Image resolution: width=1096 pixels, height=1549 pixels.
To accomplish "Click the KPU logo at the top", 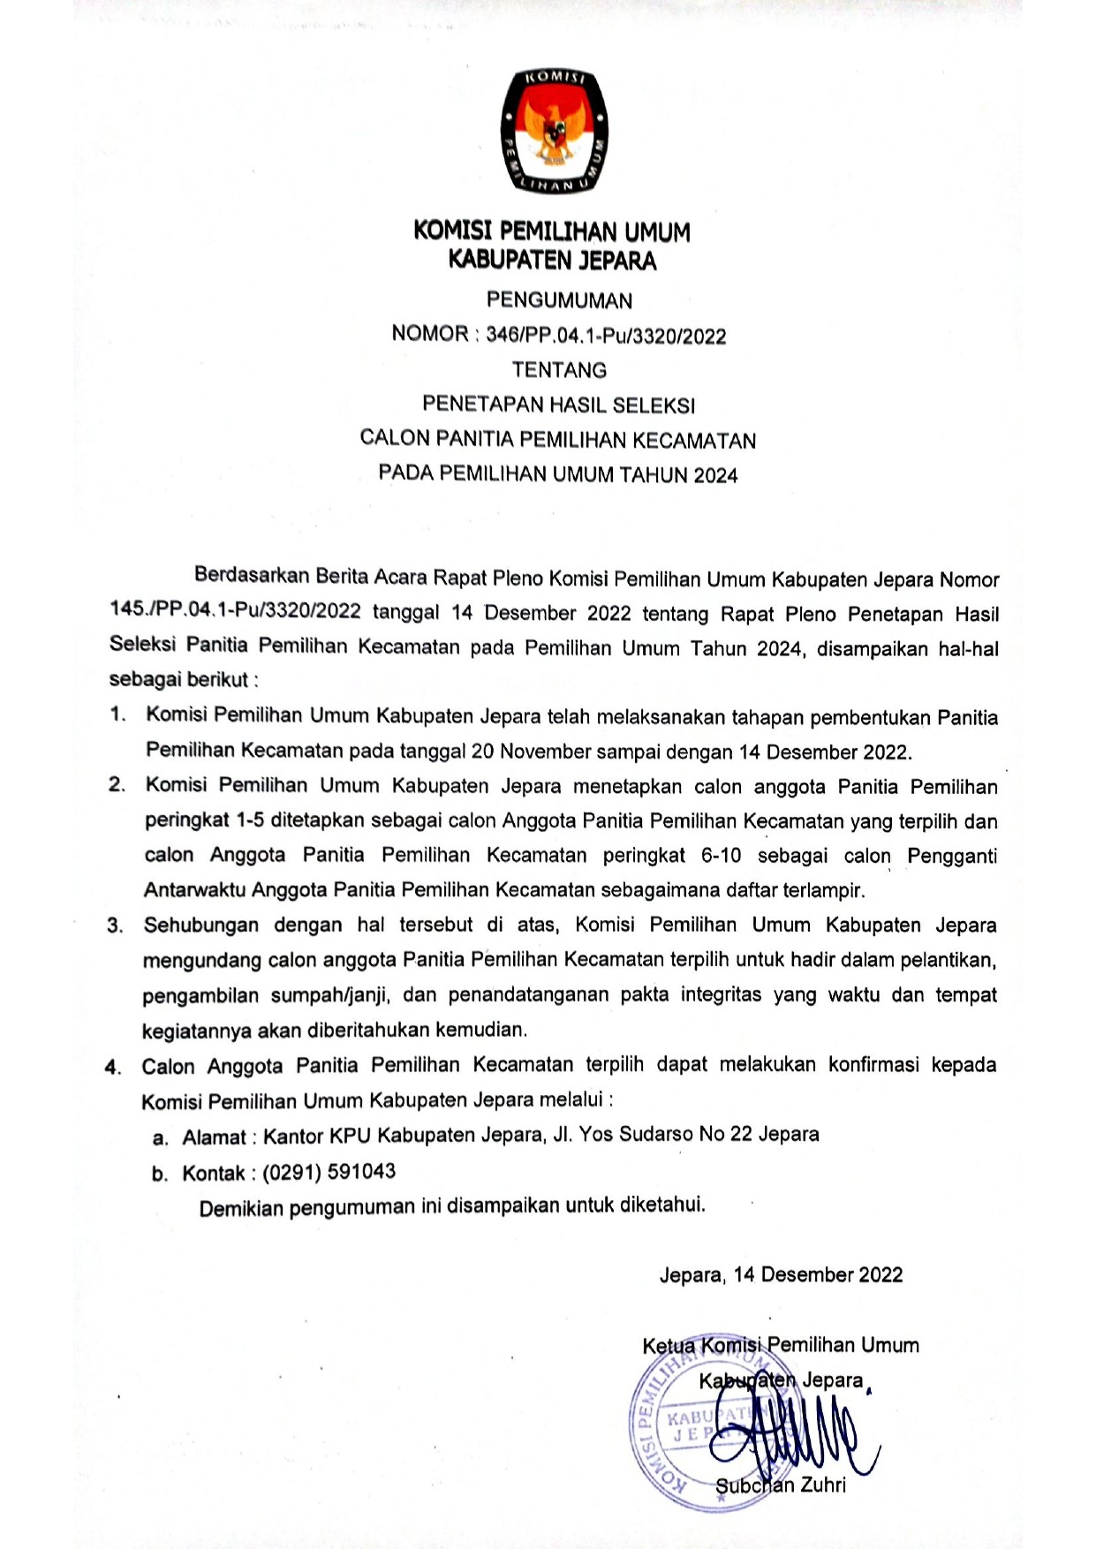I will pyautogui.click(x=554, y=130).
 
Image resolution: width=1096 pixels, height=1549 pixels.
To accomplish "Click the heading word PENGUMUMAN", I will pyautogui.click(x=559, y=300).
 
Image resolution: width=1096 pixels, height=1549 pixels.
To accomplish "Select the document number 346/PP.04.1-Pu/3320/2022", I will pyautogui.click(x=606, y=336).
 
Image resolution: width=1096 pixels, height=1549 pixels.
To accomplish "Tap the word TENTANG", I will pyautogui.click(x=559, y=370).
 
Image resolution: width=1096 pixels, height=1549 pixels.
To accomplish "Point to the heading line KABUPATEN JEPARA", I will pyautogui.click(x=552, y=261).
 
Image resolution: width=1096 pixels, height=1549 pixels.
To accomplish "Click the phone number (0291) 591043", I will pyautogui.click(x=329, y=1172).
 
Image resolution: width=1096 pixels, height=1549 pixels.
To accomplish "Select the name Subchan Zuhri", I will pyautogui.click(x=780, y=1485).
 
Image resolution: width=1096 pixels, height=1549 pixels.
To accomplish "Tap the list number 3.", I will pyautogui.click(x=115, y=926).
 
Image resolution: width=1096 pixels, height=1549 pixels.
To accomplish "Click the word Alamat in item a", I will pyautogui.click(x=214, y=1137).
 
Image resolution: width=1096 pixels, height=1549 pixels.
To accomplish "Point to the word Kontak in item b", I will pyautogui.click(x=213, y=1174).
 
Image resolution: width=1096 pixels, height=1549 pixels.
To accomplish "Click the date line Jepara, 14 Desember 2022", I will pyautogui.click(x=781, y=1274).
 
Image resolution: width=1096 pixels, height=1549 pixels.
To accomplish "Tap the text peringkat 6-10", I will pyautogui.click(x=672, y=855).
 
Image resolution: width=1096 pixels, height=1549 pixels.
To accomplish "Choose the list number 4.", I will pyautogui.click(x=113, y=1067).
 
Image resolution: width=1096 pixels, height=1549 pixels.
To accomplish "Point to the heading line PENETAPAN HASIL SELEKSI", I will pyautogui.click(x=558, y=404).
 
